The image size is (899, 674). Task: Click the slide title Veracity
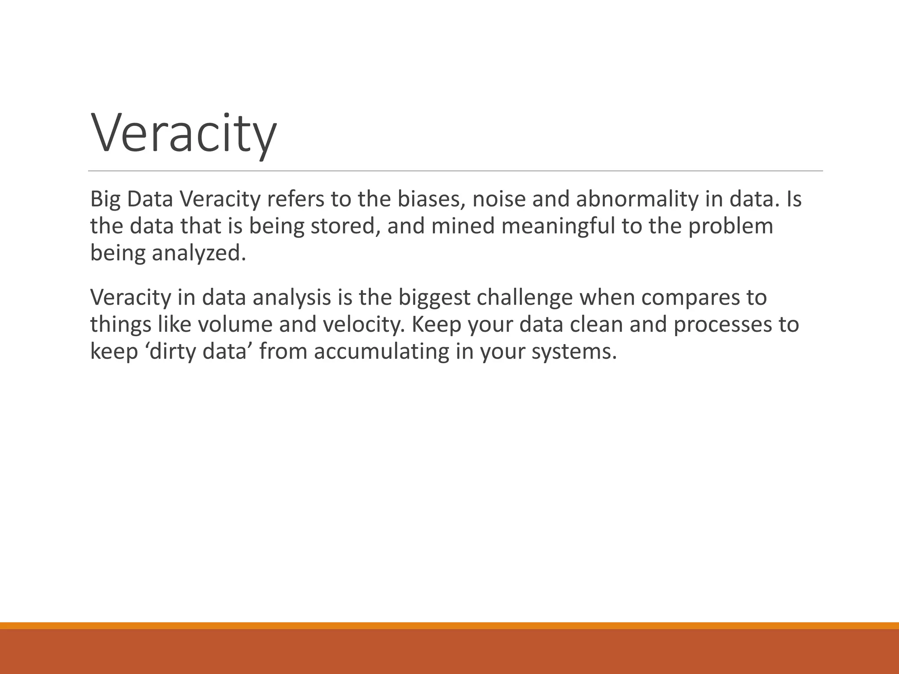(183, 134)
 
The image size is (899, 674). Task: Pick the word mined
(463, 226)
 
